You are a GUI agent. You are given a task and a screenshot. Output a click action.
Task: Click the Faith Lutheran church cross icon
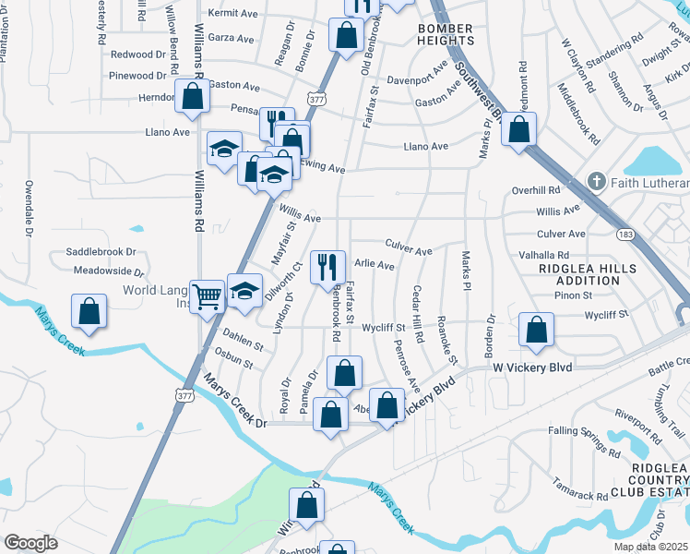tap(597, 182)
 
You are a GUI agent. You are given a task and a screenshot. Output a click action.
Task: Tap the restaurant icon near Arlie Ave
tap(327, 268)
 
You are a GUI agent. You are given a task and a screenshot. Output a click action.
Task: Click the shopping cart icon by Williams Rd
tap(208, 295)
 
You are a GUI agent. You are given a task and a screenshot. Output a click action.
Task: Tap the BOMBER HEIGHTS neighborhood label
tap(446, 35)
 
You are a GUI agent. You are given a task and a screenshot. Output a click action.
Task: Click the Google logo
tap(30, 543)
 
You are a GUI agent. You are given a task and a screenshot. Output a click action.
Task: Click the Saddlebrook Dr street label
tap(101, 252)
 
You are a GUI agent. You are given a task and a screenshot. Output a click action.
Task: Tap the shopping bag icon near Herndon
tap(192, 98)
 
